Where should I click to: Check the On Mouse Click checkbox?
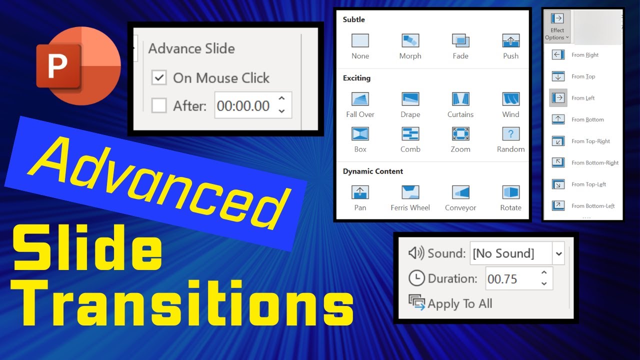click(x=159, y=78)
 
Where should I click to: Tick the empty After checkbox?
click(x=159, y=105)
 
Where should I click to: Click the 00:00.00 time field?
click(x=243, y=105)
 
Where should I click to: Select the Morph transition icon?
click(x=410, y=40)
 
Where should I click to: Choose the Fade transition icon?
click(x=460, y=40)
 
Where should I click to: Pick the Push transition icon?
click(x=510, y=40)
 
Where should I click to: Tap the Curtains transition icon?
click(x=460, y=99)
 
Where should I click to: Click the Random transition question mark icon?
click(x=510, y=133)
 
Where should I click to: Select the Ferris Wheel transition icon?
click(x=410, y=192)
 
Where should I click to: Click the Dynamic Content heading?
click(x=373, y=171)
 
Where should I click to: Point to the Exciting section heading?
click(x=356, y=78)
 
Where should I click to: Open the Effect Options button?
click(x=557, y=26)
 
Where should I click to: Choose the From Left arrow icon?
click(x=558, y=98)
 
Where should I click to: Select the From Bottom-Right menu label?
click(x=595, y=162)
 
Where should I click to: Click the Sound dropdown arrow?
click(x=558, y=253)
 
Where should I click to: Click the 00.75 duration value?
click(x=502, y=278)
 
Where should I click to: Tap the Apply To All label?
click(x=460, y=303)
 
